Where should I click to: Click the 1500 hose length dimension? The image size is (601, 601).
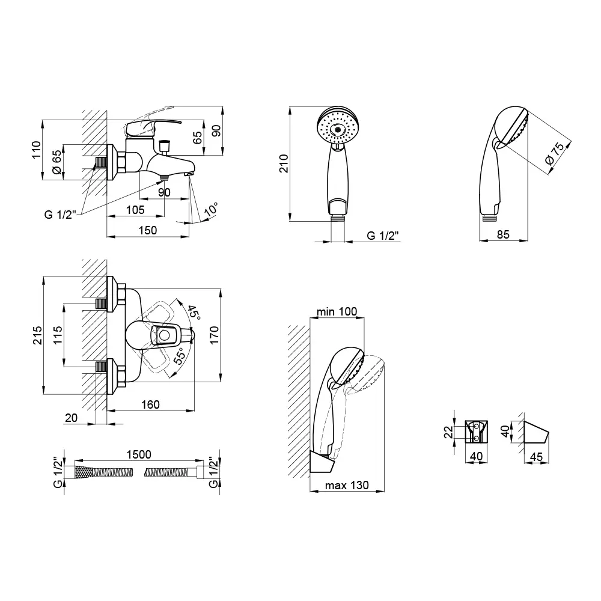click(139, 454)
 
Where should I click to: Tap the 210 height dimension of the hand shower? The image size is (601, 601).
click(284, 163)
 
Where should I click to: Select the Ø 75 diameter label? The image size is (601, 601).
click(555, 154)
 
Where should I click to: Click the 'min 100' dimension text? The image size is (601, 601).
click(337, 311)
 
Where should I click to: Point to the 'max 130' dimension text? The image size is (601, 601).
click(347, 485)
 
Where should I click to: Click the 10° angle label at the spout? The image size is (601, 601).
click(211, 209)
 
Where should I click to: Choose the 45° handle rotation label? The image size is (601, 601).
click(194, 313)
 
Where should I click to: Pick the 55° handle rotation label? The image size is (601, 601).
click(180, 355)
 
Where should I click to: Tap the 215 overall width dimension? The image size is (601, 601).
click(37, 335)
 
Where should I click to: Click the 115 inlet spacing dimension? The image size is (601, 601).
click(58, 335)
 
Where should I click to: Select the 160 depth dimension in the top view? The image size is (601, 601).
click(150, 404)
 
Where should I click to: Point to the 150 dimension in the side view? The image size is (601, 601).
click(148, 230)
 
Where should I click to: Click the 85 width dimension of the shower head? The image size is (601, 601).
click(503, 234)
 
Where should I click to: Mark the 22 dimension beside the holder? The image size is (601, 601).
click(448, 432)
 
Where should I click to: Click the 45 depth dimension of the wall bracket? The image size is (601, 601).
click(536, 457)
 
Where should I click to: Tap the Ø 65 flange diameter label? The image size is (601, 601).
click(56, 162)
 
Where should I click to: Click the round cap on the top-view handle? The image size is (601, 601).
click(165, 336)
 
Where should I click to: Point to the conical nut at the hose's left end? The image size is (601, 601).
click(83, 472)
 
